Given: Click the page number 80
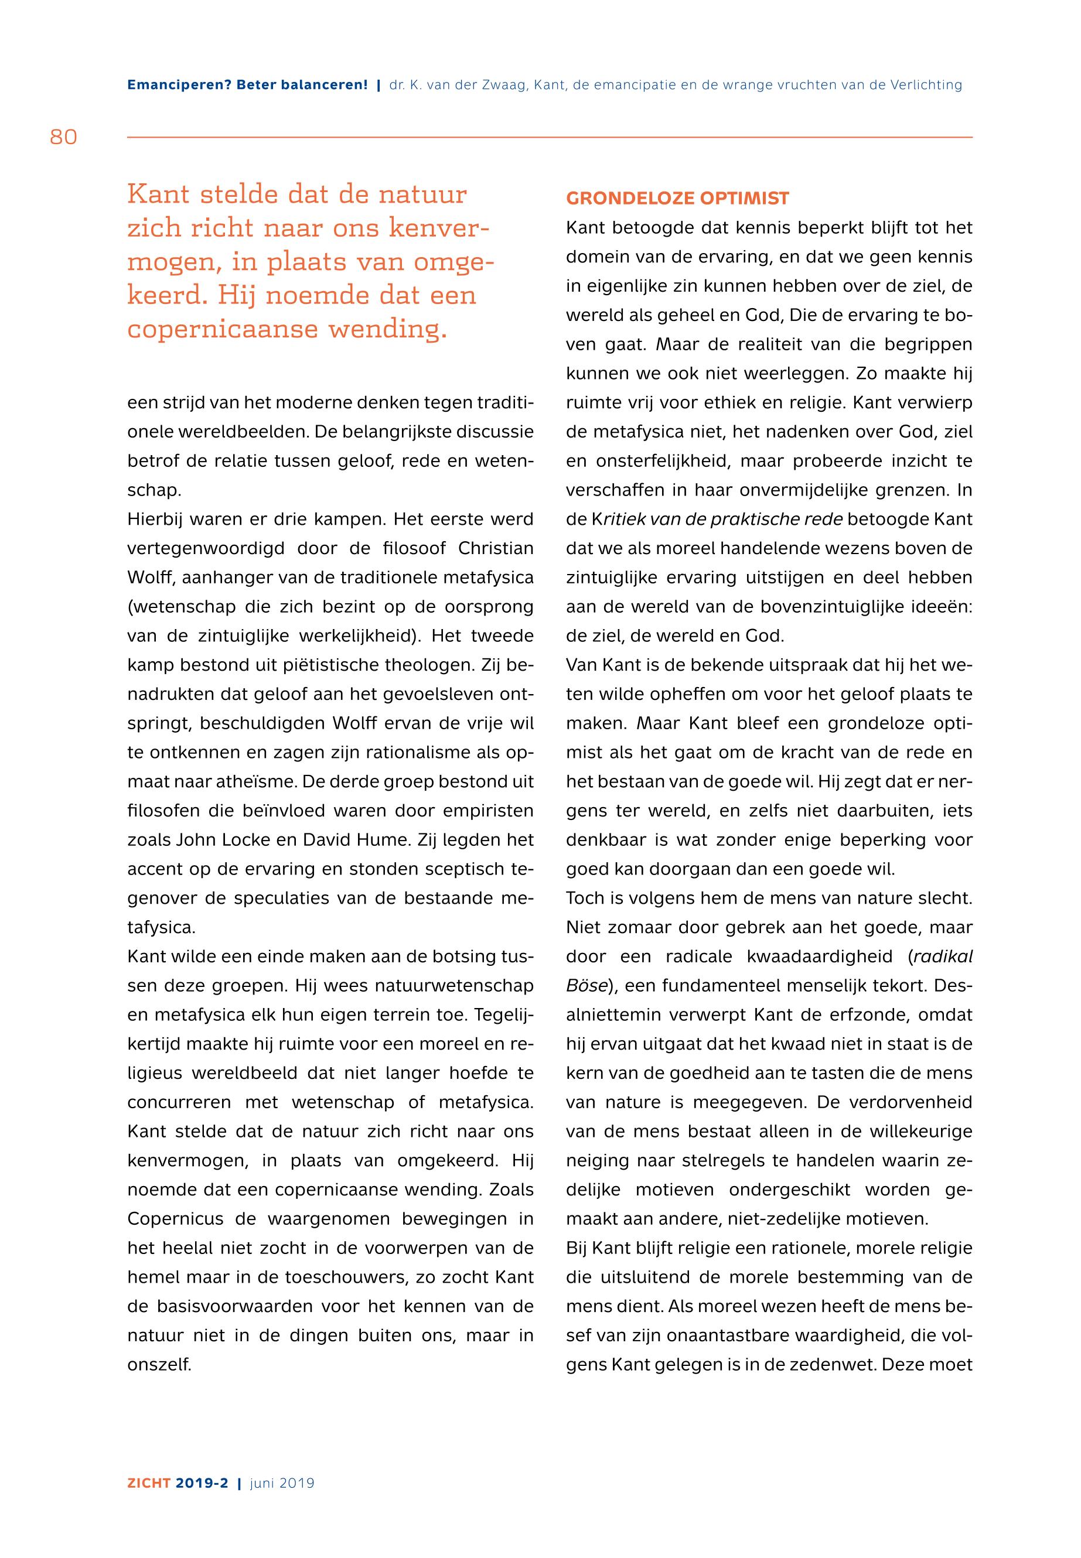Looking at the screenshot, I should (64, 138).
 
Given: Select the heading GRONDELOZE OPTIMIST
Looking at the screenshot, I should (677, 199).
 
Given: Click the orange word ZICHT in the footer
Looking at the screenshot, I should (149, 1483).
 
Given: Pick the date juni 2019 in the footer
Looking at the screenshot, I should (282, 1483).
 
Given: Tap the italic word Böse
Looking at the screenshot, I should (586, 986).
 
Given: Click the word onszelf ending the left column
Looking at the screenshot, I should (159, 1366).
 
